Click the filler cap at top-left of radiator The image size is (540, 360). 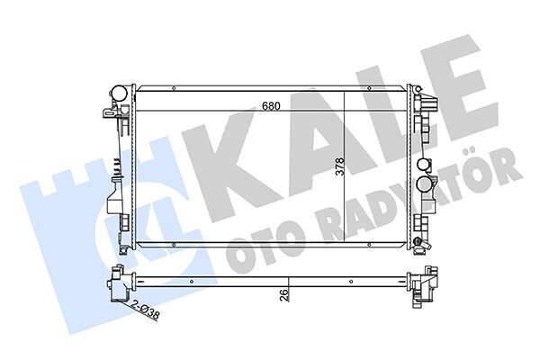point(116,93)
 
